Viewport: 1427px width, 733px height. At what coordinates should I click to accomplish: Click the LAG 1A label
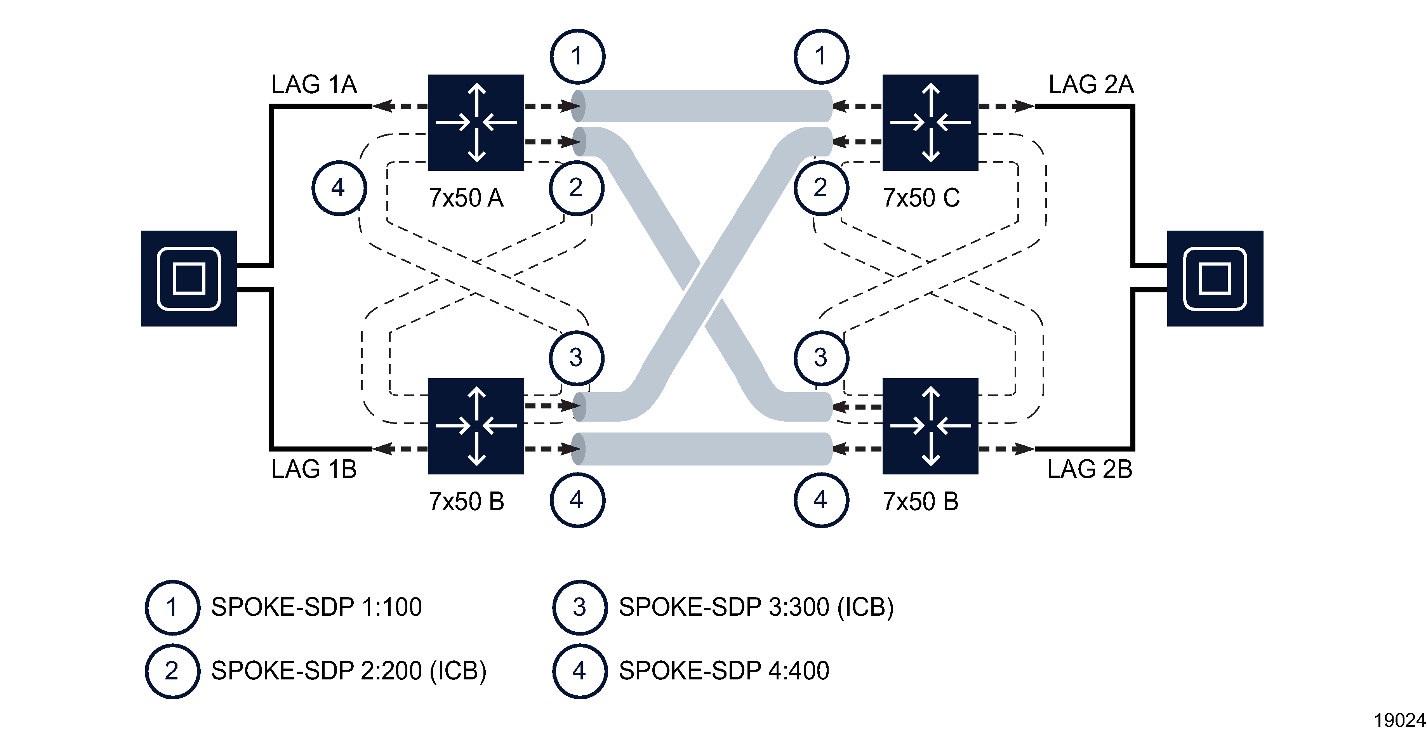tap(314, 85)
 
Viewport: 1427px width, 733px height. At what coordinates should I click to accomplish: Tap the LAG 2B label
tap(1089, 469)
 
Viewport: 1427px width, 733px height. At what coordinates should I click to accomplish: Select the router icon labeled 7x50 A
tap(476, 122)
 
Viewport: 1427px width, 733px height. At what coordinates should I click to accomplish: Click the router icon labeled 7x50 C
tap(930, 122)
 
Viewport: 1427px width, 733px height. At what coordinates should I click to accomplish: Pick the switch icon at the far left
tap(189, 278)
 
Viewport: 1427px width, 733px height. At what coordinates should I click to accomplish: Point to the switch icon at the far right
tap(1215, 278)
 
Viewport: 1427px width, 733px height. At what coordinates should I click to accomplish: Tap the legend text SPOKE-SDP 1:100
tap(316, 607)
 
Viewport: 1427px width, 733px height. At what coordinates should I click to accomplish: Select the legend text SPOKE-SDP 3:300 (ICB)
tap(756, 607)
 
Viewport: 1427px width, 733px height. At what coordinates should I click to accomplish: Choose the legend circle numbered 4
tap(579, 671)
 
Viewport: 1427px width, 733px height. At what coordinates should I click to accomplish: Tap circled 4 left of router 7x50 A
tap(339, 188)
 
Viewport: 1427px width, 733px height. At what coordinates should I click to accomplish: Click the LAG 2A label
tap(1091, 85)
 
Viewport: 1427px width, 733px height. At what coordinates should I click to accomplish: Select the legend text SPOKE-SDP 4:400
tap(723, 671)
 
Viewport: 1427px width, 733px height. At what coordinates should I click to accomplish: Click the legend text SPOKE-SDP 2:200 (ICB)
tap(348, 671)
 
